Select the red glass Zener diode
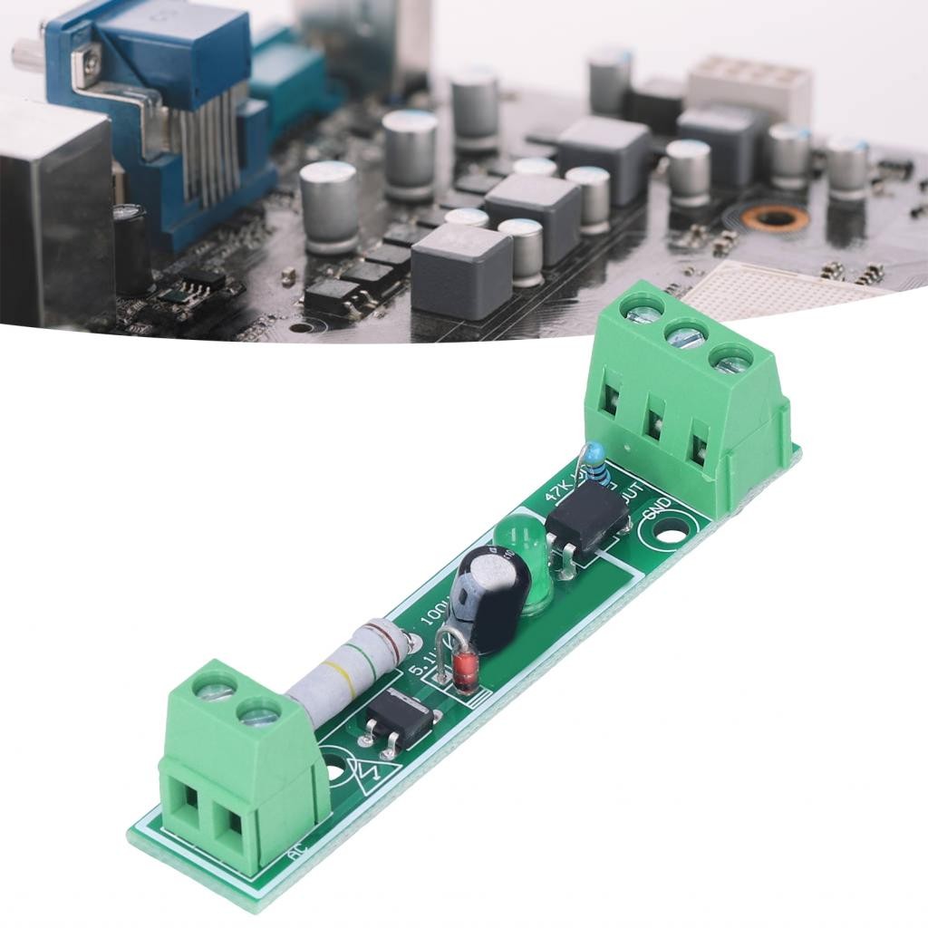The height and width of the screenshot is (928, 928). point(465,672)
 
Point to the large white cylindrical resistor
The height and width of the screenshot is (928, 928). point(349,672)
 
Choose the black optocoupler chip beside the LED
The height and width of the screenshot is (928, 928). point(587,520)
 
